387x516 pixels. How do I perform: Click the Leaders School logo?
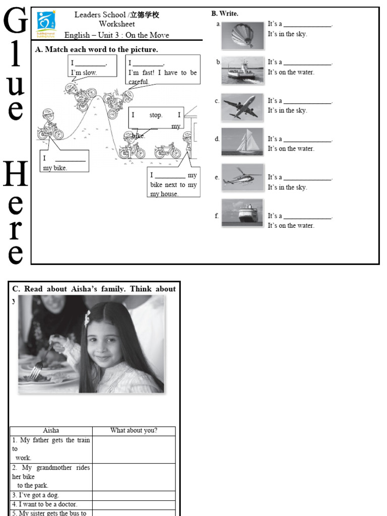[x=47, y=24]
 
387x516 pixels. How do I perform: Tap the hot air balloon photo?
[x=242, y=35]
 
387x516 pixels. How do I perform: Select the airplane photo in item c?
[x=242, y=106]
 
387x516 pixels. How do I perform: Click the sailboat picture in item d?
[x=242, y=142]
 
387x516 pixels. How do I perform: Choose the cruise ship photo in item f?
[x=242, y=213]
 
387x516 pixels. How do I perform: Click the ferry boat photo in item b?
[x=242, y=70]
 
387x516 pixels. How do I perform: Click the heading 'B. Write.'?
[x=225, y=14]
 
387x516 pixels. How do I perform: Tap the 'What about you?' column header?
[x=134, y=430]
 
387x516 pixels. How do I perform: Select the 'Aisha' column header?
[x=51, y=430]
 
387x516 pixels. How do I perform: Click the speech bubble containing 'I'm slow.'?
[x=92, y=66]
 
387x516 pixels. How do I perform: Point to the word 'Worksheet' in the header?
[x=117, y=24]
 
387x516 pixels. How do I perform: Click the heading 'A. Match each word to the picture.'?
[x=97, y=49]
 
